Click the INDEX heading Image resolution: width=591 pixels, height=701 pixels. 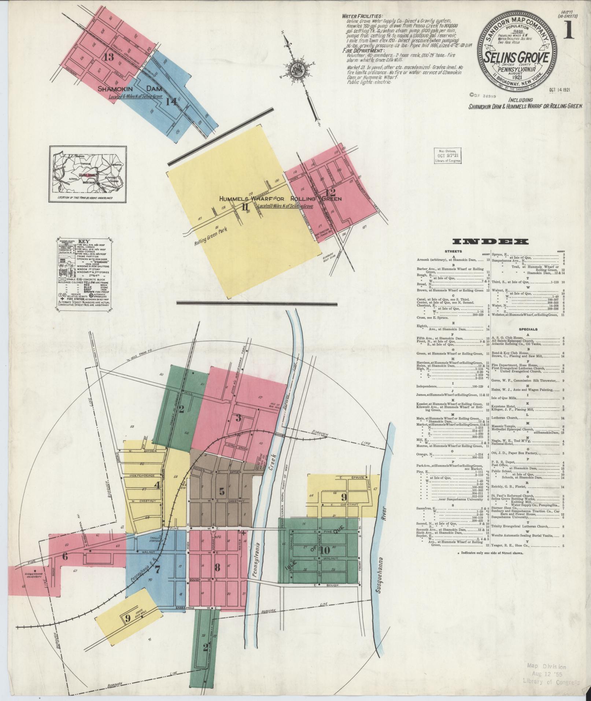tap(491, 241)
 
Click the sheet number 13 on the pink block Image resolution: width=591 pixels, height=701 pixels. tap(109, 57)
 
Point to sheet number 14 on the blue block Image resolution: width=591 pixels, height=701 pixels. tap(171, 102)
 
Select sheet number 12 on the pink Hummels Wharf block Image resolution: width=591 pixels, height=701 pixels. tap(330, 192)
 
